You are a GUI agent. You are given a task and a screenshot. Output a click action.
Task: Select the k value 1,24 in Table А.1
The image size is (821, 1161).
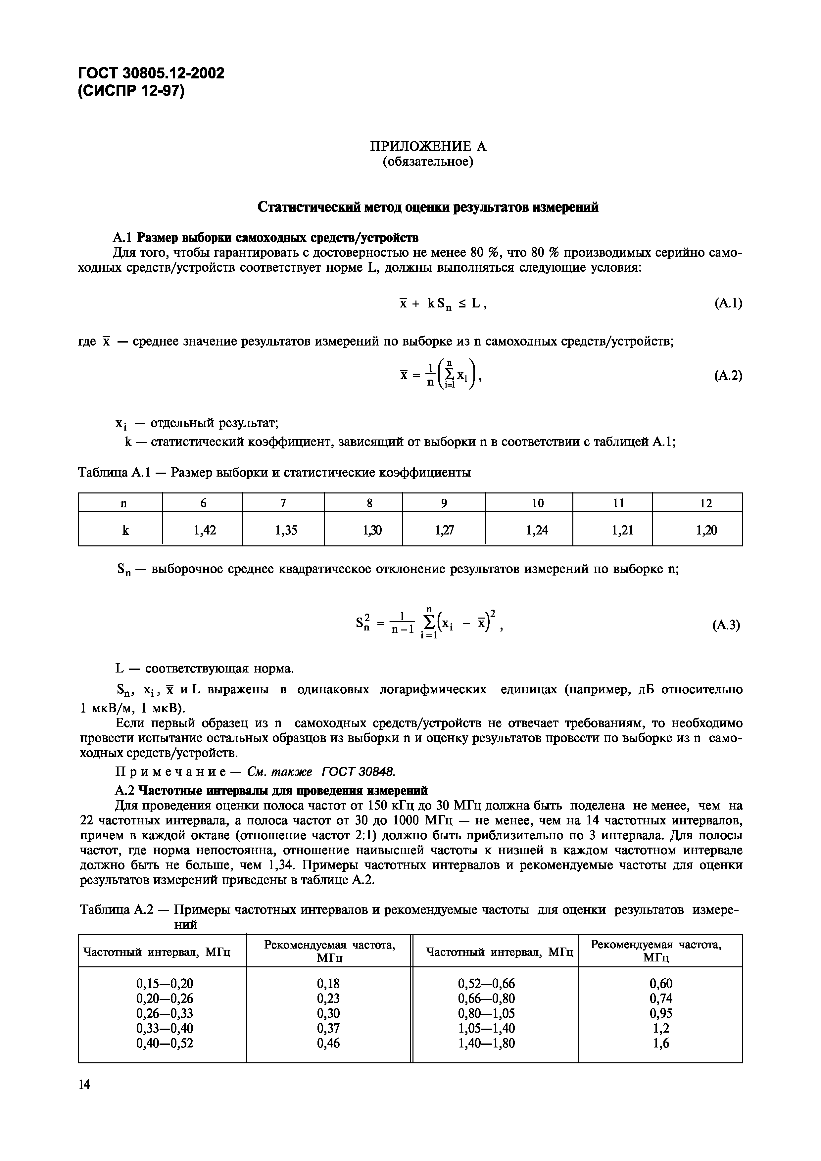pos(537,530)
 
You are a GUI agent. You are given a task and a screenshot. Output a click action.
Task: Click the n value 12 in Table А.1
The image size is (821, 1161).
pos(706,503)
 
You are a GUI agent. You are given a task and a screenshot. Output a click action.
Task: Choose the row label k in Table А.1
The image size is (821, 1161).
pos(125,530)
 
